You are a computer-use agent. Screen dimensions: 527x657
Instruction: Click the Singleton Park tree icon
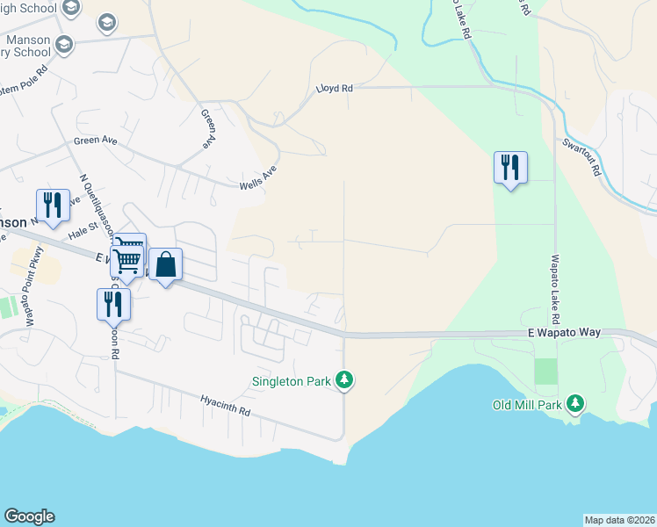tap(347, 380)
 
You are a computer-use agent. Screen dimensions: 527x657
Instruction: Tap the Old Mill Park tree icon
tap(575, 403)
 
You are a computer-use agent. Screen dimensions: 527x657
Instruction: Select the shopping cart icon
tap(128, 256)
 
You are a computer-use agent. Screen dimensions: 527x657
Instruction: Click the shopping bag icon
tap(166, 263)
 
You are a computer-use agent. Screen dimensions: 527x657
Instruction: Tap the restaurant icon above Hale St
tap(53, 205)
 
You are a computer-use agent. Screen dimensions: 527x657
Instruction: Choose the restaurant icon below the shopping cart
tap(113, 303)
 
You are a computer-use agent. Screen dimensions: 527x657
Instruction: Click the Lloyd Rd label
tap(334, 89)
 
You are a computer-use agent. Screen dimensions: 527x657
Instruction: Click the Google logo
tap(29, 516)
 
